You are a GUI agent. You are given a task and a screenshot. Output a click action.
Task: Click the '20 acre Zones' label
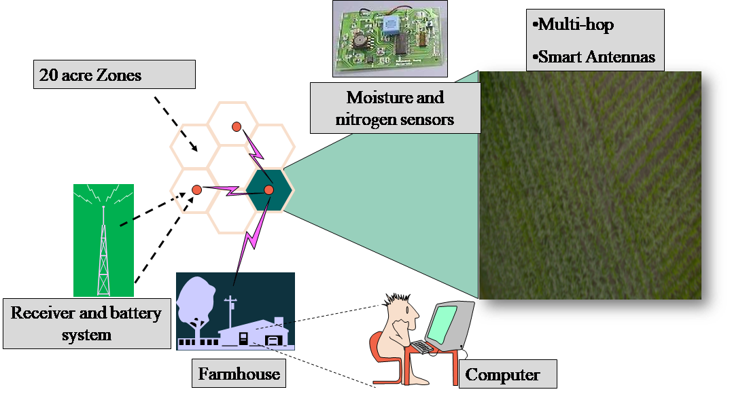click(88, 75)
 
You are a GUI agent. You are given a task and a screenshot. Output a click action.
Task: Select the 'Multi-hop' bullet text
click(575, 25)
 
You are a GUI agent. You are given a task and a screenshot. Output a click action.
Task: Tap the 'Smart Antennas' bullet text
click(595, 57)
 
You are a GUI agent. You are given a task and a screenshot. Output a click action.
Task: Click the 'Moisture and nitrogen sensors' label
click(395, 109)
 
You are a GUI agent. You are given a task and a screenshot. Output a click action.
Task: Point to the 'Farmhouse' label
click(239, 374)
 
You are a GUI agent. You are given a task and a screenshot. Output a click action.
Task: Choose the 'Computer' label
click(503, 374)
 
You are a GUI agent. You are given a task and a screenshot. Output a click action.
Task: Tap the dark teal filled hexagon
click(269, 190)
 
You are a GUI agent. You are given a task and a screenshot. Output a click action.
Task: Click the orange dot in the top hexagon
click(236, 126)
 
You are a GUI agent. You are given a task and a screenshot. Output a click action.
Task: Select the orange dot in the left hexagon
click(196, 190)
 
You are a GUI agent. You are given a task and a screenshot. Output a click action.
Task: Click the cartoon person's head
click(403, 314)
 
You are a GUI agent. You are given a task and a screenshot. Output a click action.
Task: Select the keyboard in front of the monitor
click(422, 346)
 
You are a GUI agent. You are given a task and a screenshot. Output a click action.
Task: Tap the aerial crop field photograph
click(590, 187)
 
